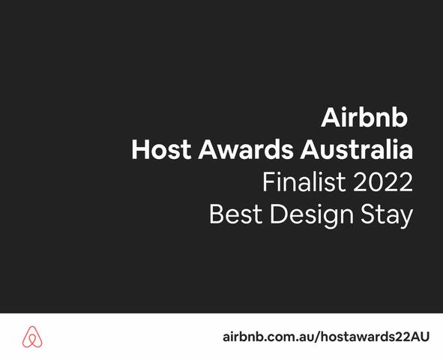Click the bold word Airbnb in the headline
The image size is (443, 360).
[364, 118]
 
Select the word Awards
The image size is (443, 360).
[247, 150]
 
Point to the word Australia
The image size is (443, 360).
[357, 150]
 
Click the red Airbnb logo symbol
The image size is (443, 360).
[32, 337]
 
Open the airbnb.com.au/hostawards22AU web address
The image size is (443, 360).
[326, 337]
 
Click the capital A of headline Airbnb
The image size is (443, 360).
[331, 118]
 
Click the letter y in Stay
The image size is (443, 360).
[406, 218]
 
